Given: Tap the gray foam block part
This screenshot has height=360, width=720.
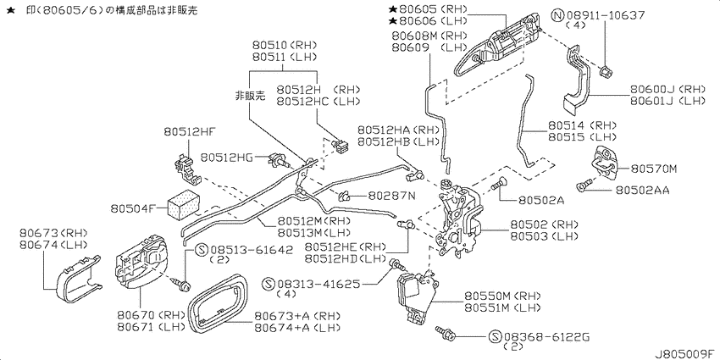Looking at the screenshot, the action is click(x=183, y=205).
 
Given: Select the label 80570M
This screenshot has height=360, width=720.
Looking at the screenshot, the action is click(x=654, y=169).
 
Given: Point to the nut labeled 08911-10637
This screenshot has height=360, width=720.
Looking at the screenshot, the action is click(x=605, y=71).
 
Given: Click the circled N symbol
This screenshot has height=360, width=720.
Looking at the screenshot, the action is click(x=557, y=15).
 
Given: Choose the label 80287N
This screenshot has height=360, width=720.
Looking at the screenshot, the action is click(x=391, y=197).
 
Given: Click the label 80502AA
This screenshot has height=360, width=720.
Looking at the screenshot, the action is click(x=642, y=190).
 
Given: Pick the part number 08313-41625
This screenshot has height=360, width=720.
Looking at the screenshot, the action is click(x=320, y=284).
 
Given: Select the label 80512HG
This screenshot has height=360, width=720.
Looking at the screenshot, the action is click(x=226, y=158).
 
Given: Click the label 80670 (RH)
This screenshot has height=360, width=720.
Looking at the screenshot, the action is click(x=149, y=315).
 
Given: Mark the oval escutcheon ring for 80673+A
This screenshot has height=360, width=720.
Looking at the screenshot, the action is click(x=219, y=303).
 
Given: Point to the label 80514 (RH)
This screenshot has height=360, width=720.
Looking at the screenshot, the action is click(x=582, y=125).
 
